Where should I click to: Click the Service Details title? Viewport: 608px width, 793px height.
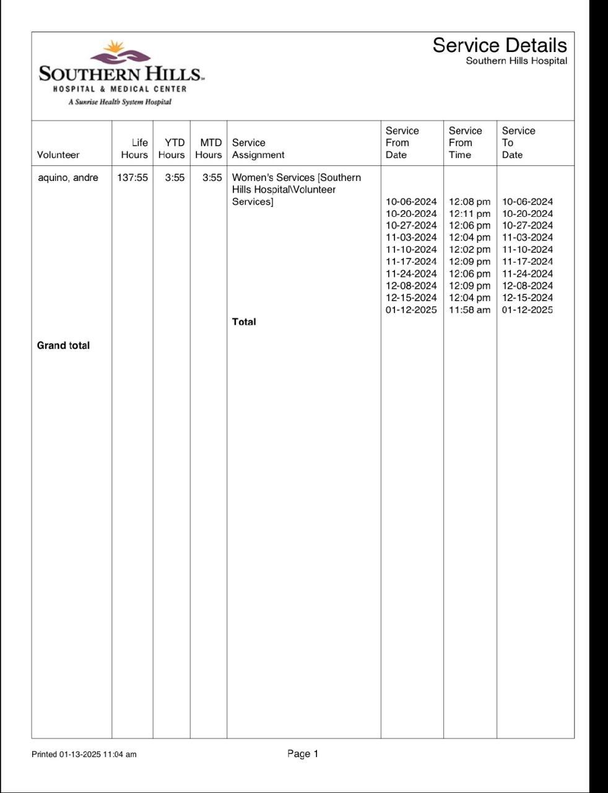pyautogui.click(x=499, y=45)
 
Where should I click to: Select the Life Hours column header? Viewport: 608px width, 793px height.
pyautogui.click(x=134, y=149)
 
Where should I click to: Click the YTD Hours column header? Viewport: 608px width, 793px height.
pyautogui.click(x=172, y=149)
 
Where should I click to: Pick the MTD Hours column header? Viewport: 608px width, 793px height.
pyautogui.click(x=209, y=149)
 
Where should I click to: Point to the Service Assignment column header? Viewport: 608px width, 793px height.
pyautogui.click(x=258, y=149)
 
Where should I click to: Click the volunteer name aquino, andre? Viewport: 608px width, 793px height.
pyautogui.click(x=68, y=178)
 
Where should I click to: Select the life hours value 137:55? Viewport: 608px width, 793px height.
pyautogui.click(x=132, y=178)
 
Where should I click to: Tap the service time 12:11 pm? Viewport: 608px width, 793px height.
pyautogui.click(x=469, y=214)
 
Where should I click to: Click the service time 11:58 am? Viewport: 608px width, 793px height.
pyautogui.click(x=469, y=310)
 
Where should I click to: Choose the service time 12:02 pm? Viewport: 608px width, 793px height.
pyautogui.click(x=469, y=250)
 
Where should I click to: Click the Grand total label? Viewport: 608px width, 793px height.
pyautogui.click(x=63, y=346)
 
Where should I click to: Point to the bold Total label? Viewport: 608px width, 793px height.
pyautogui.click(x=244, y=322)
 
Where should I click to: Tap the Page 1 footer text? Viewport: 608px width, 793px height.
pyautogui.click(x=303, y=754)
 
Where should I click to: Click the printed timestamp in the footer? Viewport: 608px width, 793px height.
pyautogui.click(x=84, y=755)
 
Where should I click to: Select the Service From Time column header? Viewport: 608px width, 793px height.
pyautogui.click(x=465, y=142)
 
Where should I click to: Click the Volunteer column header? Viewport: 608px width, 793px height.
pyautogui.click(x=58, y=155)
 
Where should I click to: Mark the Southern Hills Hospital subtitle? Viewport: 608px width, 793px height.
pyautogui.click(x=516, y=61)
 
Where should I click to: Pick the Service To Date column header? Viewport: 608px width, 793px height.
pyautogui.click(x=518, y=142)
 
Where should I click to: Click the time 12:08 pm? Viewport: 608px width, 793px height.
pyautogui.click(x=469, y=202)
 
